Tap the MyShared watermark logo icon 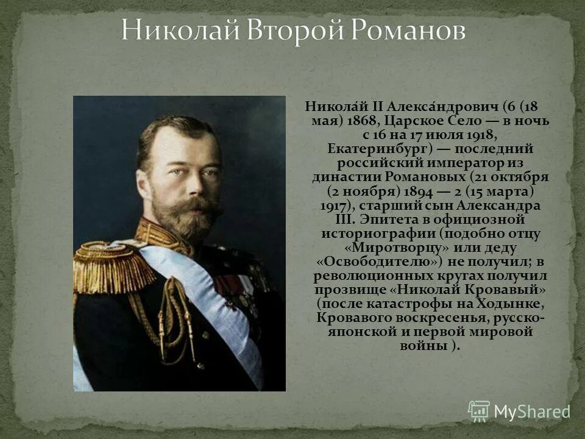479,411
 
